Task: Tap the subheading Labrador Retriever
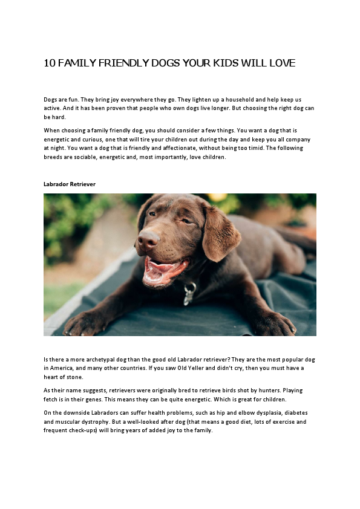70,183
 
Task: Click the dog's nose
148,241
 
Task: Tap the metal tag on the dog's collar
190,293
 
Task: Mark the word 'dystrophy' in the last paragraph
99,422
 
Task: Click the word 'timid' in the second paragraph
277,148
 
